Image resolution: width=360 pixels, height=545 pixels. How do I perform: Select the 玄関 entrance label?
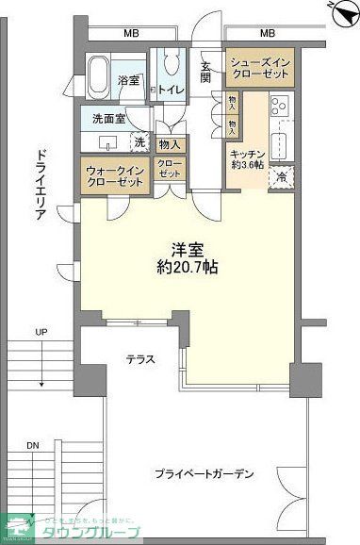coord(206,72)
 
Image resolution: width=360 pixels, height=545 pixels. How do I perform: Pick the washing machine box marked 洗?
coord(139,142)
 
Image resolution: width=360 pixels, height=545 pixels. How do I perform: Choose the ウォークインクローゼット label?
coord(114,176)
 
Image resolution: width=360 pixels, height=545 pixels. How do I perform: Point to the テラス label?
coord(141,359)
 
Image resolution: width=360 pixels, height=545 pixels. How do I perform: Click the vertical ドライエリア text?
coord(41,184)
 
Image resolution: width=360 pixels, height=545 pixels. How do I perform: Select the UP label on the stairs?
coord(41,332)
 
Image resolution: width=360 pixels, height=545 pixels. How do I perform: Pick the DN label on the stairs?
coord(33,444)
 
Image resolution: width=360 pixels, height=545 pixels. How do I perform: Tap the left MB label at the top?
coord(130,35)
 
